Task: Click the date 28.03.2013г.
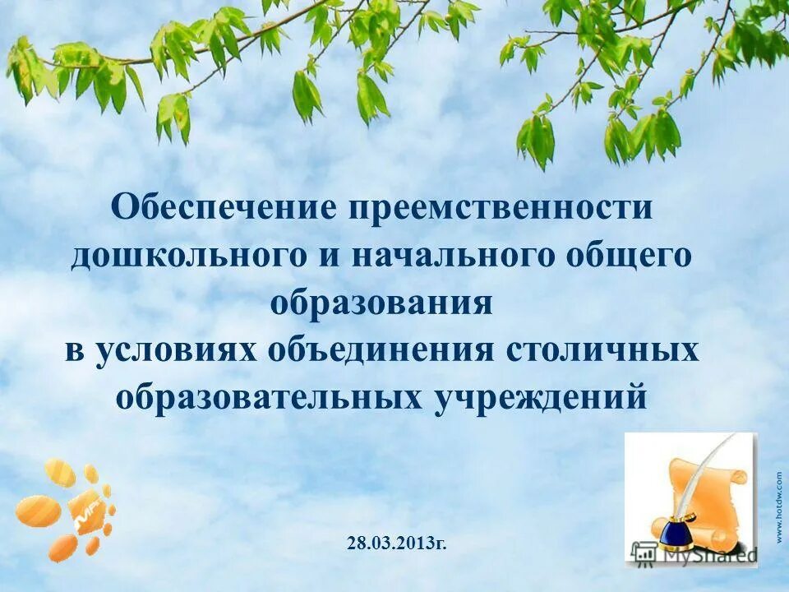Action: [397, 543]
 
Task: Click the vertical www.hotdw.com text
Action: [777, 506]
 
